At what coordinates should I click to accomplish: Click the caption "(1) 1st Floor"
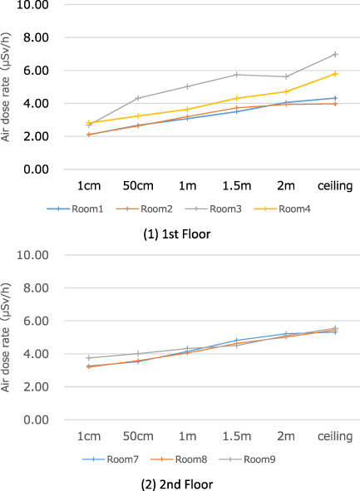click(x=179, y=233)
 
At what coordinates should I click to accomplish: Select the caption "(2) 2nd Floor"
click(x=179, y=484)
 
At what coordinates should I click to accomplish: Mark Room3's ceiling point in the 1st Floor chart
click(x=335, y=54)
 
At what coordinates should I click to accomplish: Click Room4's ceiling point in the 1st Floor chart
click(x=335, y=74)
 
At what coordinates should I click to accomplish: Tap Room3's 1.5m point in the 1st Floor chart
click(x=236, y=75)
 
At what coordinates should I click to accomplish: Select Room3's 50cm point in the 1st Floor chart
click(x=138, y=98)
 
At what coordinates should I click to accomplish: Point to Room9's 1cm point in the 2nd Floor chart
click(x=89, y=358)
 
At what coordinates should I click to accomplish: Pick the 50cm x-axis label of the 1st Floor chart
click(x=138, y=185)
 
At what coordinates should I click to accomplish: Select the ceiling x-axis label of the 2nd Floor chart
click(x=335, y=435)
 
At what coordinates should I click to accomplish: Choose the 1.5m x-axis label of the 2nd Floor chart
click(x=236, y=435)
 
